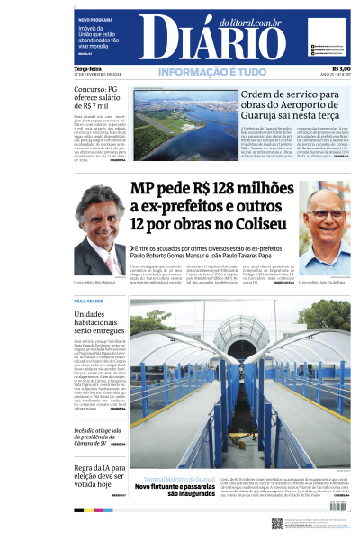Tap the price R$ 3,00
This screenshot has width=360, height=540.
pos(340,68)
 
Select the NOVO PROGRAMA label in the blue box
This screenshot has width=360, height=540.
pos(95,19)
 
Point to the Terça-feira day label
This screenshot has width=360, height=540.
pos(87,68)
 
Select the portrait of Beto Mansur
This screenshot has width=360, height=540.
pos(99,237)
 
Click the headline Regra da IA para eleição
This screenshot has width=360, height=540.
pos(98,477)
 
